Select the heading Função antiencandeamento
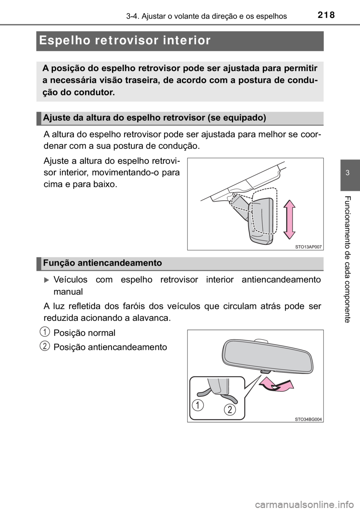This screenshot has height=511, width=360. point(102,263)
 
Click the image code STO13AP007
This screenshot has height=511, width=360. point(306,246)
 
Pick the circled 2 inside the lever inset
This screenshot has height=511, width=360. point(230,410)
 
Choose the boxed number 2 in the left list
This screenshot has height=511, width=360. point(45,346)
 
